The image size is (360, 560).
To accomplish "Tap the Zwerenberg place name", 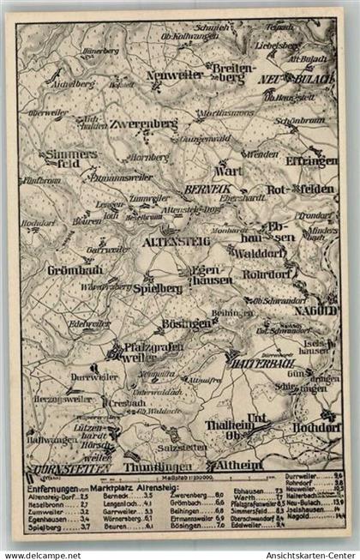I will pyautogui.click(x=141, y=123).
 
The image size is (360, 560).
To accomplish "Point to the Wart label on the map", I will pyautogui.click(x=233, y=171).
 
